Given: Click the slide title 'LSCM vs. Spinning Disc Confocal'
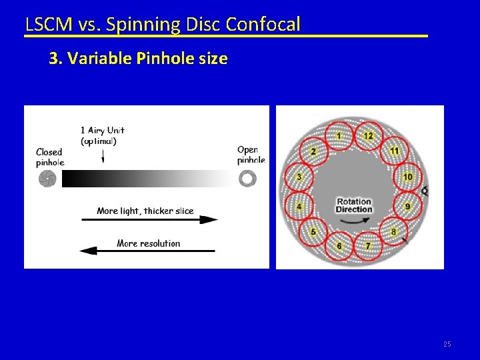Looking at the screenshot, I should pos(163,24).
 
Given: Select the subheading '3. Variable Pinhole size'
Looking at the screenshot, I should pos(139,59).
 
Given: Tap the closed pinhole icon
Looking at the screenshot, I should pos(47,179).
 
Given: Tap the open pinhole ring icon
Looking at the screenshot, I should pos(247,179).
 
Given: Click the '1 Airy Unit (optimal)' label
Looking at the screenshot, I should pos(102,135).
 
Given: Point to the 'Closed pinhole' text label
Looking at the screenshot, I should pos(49,157).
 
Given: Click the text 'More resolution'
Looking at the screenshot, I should pos(148,243).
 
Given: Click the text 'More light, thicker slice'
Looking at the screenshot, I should pos(145,211).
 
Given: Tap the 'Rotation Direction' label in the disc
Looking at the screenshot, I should pos(353,205).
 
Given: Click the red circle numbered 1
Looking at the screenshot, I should pos(338,137).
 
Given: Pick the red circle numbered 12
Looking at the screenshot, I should pos(368,136).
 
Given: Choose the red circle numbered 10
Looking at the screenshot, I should pos(407,177).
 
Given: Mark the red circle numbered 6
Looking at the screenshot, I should pos(339,245).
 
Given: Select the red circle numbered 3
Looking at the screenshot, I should pos(299,177).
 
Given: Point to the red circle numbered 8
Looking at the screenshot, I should pos(393,231).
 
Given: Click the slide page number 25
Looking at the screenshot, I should pos(447,344).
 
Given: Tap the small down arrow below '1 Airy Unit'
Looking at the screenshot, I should pos(103,157).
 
